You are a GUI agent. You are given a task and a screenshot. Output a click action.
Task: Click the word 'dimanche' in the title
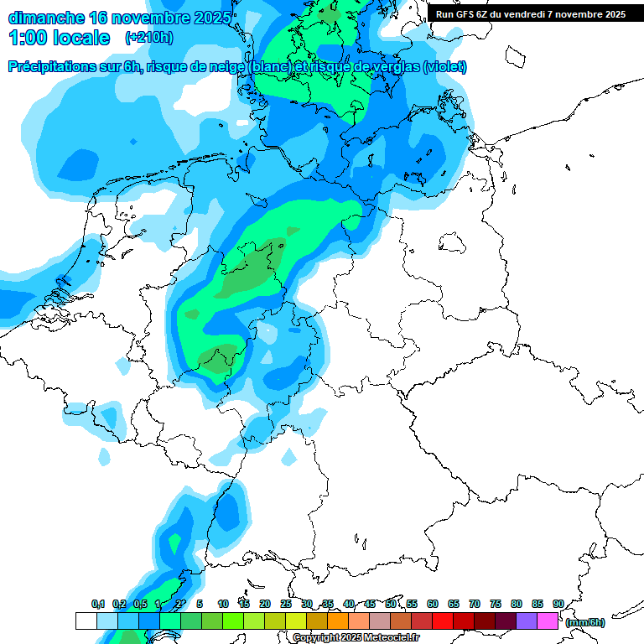[45, 17]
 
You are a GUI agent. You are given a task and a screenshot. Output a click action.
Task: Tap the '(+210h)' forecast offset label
[148, 37]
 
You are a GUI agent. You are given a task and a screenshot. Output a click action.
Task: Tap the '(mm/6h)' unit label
[585, 622]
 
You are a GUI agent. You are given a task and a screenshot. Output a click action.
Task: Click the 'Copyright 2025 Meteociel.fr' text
[356, 638]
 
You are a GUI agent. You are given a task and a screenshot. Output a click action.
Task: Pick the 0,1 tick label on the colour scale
[98, 605]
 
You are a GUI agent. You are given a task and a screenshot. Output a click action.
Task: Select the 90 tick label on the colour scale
[558, 605]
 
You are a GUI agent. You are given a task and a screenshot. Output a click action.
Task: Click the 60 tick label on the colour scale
[432, 605]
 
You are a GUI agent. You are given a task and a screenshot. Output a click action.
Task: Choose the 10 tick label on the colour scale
[223, 605]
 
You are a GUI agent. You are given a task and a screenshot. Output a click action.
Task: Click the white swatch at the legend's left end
[86, 621]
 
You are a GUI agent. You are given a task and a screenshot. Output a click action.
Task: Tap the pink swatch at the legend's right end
[548, 621]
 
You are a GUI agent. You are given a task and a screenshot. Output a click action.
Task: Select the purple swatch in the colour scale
[527, 621]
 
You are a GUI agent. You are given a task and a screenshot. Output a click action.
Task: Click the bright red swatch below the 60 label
[443, 621]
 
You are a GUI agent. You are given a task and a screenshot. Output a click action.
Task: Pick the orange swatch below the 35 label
[338, 621]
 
